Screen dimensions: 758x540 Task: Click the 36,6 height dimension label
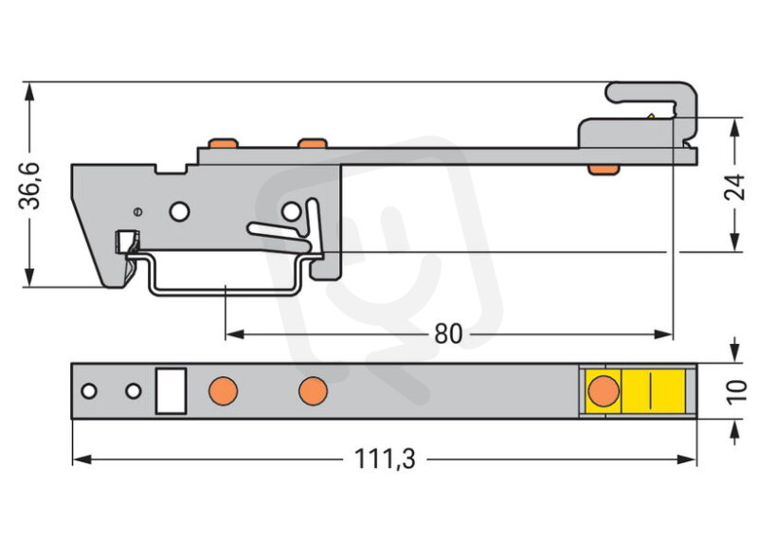point(30,186)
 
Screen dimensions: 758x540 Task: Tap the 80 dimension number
point(448,334)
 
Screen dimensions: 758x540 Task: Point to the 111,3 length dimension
point(385,459)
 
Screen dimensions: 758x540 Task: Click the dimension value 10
point(736,391)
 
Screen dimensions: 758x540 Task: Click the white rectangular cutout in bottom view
point(171,390)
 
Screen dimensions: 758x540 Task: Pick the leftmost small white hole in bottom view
point(89,390)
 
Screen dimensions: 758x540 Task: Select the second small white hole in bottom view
point(133,390)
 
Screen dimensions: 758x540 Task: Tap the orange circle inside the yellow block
point(604,390)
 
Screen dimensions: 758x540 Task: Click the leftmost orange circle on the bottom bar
point(223,390)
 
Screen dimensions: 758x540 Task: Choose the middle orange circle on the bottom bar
point(313,390)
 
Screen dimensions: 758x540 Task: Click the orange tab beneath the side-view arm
point(603,170)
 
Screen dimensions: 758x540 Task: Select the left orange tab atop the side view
point(223,143)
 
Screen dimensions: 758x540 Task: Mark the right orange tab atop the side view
point(313,143)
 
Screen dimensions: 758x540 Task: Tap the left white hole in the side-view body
point(179,211)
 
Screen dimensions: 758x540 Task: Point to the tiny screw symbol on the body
point(138,211)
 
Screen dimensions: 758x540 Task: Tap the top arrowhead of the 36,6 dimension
point(29,92)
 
